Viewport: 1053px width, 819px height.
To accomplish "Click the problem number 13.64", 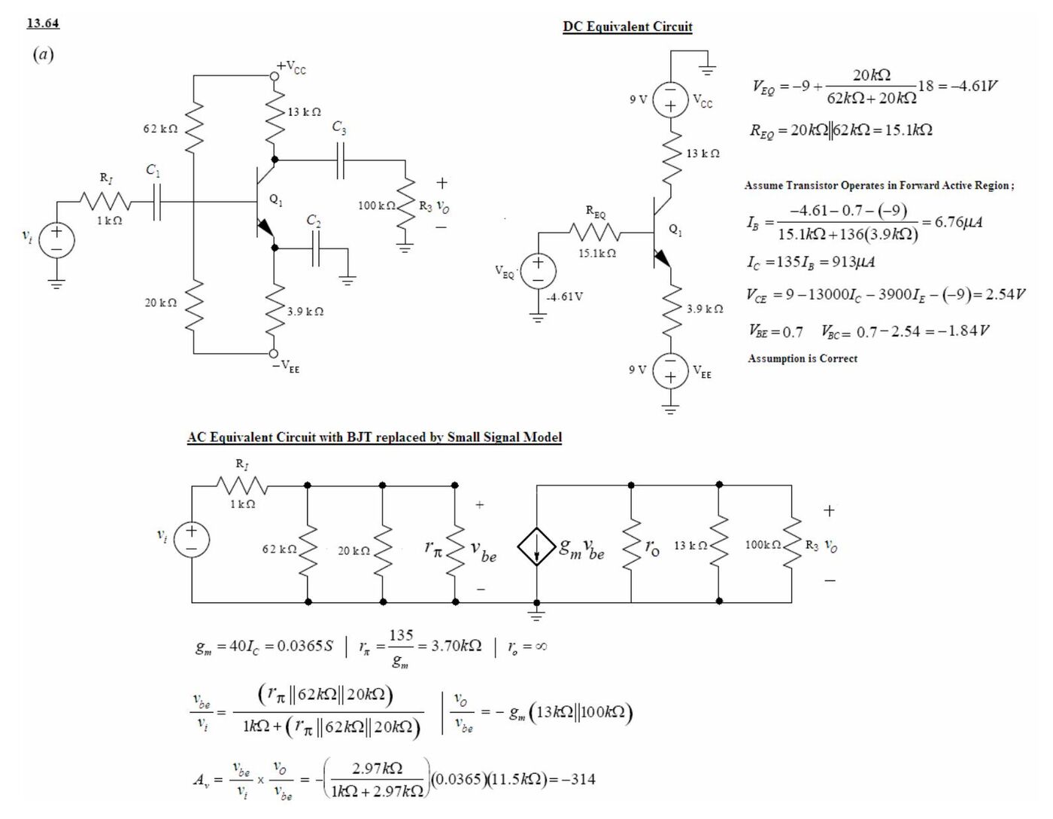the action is pos(43,23).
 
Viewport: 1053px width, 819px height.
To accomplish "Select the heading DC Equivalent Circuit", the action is pos(627,26).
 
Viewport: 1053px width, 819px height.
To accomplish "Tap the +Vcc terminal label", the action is pos(291,67).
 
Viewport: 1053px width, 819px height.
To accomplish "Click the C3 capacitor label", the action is pos(339,127).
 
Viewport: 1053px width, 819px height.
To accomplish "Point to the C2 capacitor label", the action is pos(314,221).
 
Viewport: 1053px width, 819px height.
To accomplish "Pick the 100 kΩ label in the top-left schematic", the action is pos(377,206).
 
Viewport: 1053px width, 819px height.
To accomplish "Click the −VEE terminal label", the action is pos(287,366).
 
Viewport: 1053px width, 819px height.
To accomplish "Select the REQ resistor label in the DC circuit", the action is pos(596,212).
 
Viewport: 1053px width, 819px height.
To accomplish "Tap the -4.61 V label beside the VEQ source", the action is pos(565,297).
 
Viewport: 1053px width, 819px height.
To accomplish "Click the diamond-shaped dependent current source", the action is pos(536,547).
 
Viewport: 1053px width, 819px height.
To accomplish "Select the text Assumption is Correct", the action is pos(803,358).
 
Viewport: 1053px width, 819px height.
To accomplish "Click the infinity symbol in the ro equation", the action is pos(541,647).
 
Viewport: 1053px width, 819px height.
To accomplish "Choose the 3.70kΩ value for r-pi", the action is pos(456,646).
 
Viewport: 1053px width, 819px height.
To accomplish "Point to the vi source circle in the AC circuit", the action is pos(192,539).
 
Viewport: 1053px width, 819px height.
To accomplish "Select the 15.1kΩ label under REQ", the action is pos(597,253).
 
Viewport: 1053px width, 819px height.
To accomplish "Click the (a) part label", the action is pos(43,53).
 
